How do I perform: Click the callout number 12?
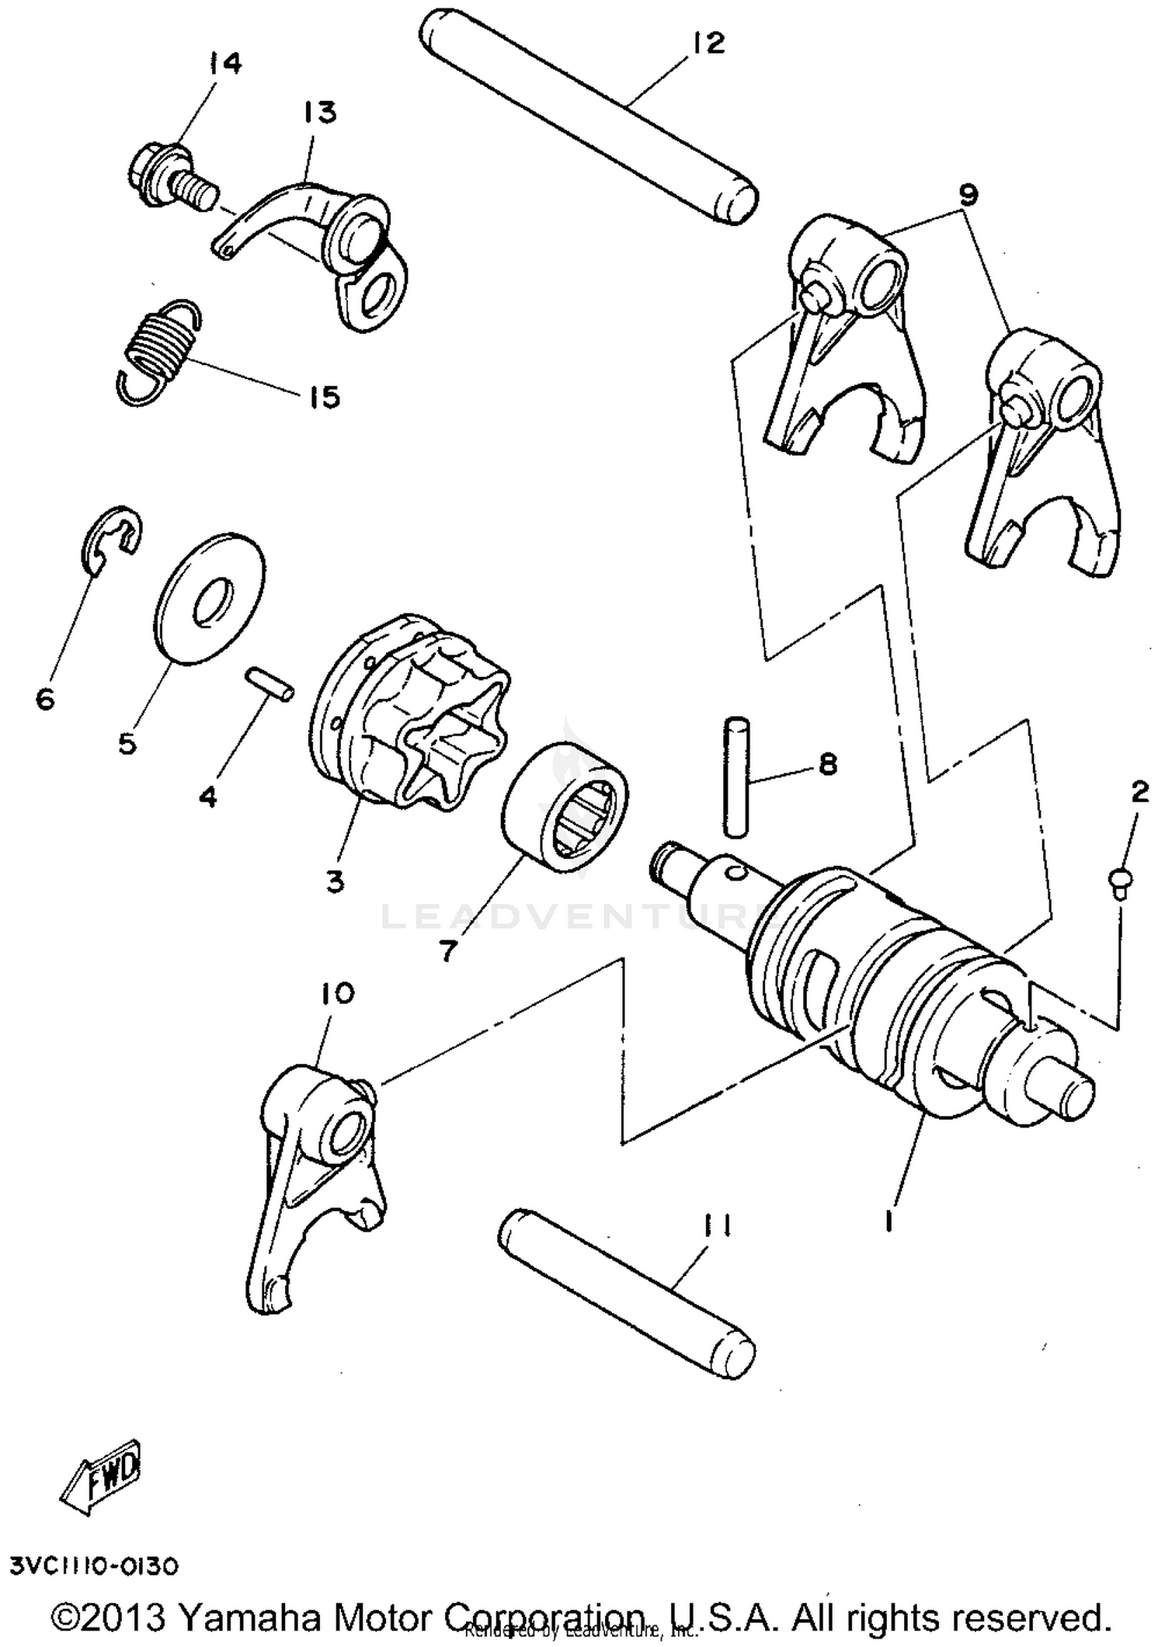708,43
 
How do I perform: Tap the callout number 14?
224,64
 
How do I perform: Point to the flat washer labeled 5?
210,596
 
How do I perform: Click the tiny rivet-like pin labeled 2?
1119,881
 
